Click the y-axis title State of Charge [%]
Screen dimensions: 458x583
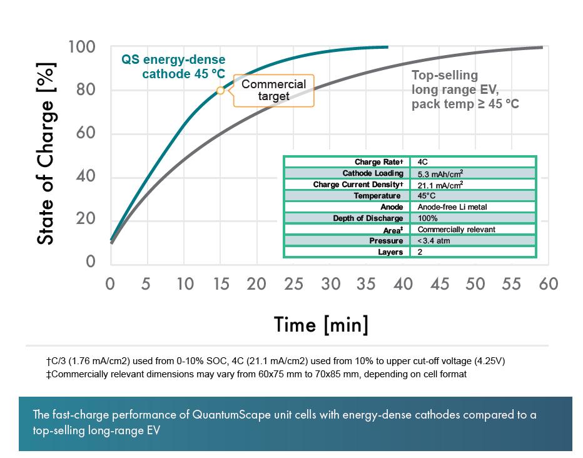click(x=46, y=153)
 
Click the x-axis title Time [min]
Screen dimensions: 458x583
click(x=321, y=324)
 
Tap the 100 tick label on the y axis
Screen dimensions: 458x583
click(x=81, y=48)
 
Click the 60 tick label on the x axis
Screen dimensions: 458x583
click(x=547, y=283)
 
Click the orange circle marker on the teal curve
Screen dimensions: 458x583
click(x=220, y=91)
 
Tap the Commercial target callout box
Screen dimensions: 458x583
click(x=273, y=90)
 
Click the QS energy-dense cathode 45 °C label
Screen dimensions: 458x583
click(x=173, y=67)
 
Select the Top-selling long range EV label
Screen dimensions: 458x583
click(x=465, y=89)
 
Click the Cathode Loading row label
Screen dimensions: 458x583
click(x=372, y=173)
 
